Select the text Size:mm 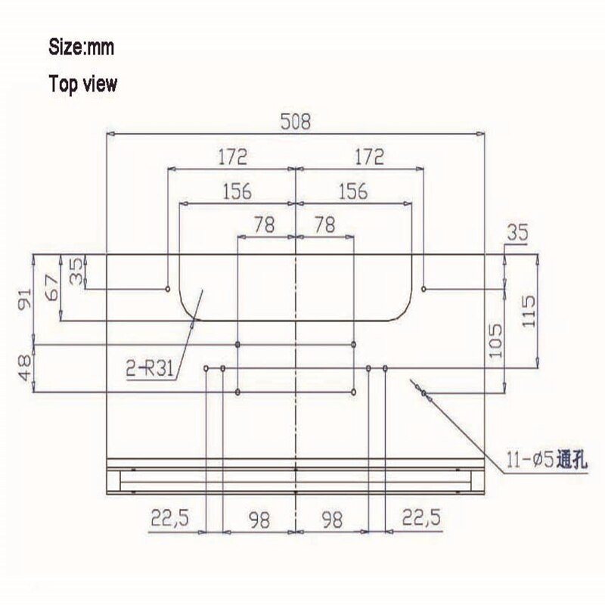pos(81,48)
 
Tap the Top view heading pos(83,83)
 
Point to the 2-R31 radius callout pos(151,370)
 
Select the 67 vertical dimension pos(51,288)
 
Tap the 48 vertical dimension pos(25,368)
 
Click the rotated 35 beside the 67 pos(76,271)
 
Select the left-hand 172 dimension pos(232,157)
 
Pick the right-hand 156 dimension pos(352,191)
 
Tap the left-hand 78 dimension pos(265,225)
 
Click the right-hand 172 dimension pos(368,157)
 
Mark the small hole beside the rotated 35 pos(167,288)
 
